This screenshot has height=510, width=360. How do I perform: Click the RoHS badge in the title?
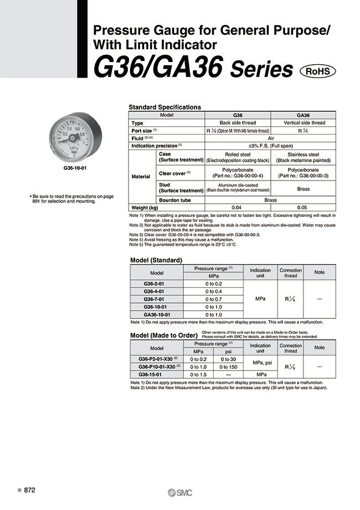(317, 71)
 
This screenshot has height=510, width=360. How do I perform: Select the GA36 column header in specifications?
(304, 115)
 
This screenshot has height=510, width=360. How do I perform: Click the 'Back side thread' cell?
(238, 122)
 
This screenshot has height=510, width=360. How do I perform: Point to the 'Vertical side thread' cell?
(304, 122)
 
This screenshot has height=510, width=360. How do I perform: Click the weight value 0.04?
(238, 208)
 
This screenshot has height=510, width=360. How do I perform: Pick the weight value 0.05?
(304, 208)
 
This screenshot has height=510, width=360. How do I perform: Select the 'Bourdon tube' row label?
(174, 200)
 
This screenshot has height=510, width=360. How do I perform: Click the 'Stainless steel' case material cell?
(304, 154)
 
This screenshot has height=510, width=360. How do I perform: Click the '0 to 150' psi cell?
(228, 367)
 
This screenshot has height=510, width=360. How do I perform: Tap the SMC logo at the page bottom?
(179, 493)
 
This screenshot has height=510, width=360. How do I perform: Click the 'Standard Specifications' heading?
(165, 107)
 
